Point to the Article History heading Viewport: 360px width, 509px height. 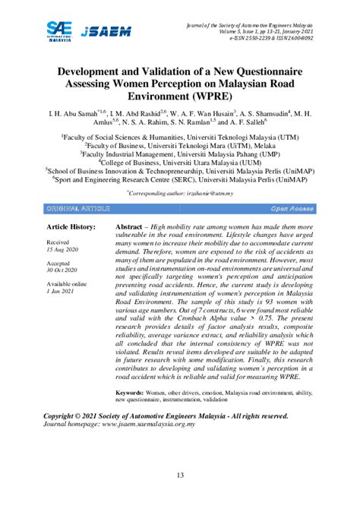click(72, 227)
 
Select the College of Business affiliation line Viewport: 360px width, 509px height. click(180, 162)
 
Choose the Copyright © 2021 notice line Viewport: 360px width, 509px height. click(166, 416)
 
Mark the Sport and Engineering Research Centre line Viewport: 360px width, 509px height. click(180, 181)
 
